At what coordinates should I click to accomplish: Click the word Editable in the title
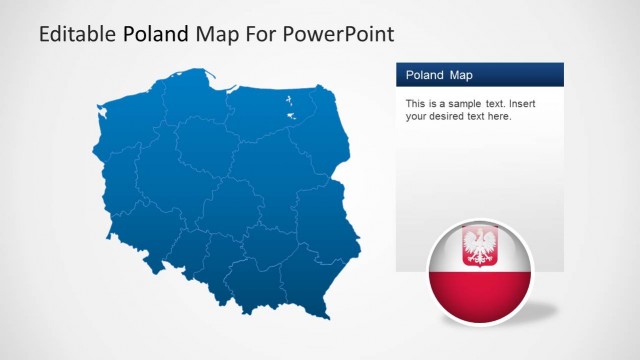[x=78, y=34]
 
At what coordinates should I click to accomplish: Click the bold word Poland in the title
[x=155, y=34]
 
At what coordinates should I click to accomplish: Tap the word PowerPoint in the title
[x=339, y=34]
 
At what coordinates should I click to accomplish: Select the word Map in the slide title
[x=217, y=34]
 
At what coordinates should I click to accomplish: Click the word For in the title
[x=261, y=34]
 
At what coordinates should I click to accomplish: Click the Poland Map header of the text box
[x=439, y=75]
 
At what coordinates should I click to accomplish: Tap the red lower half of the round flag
[x=480, y=295]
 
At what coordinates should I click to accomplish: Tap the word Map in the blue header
[x=460, y=75]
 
